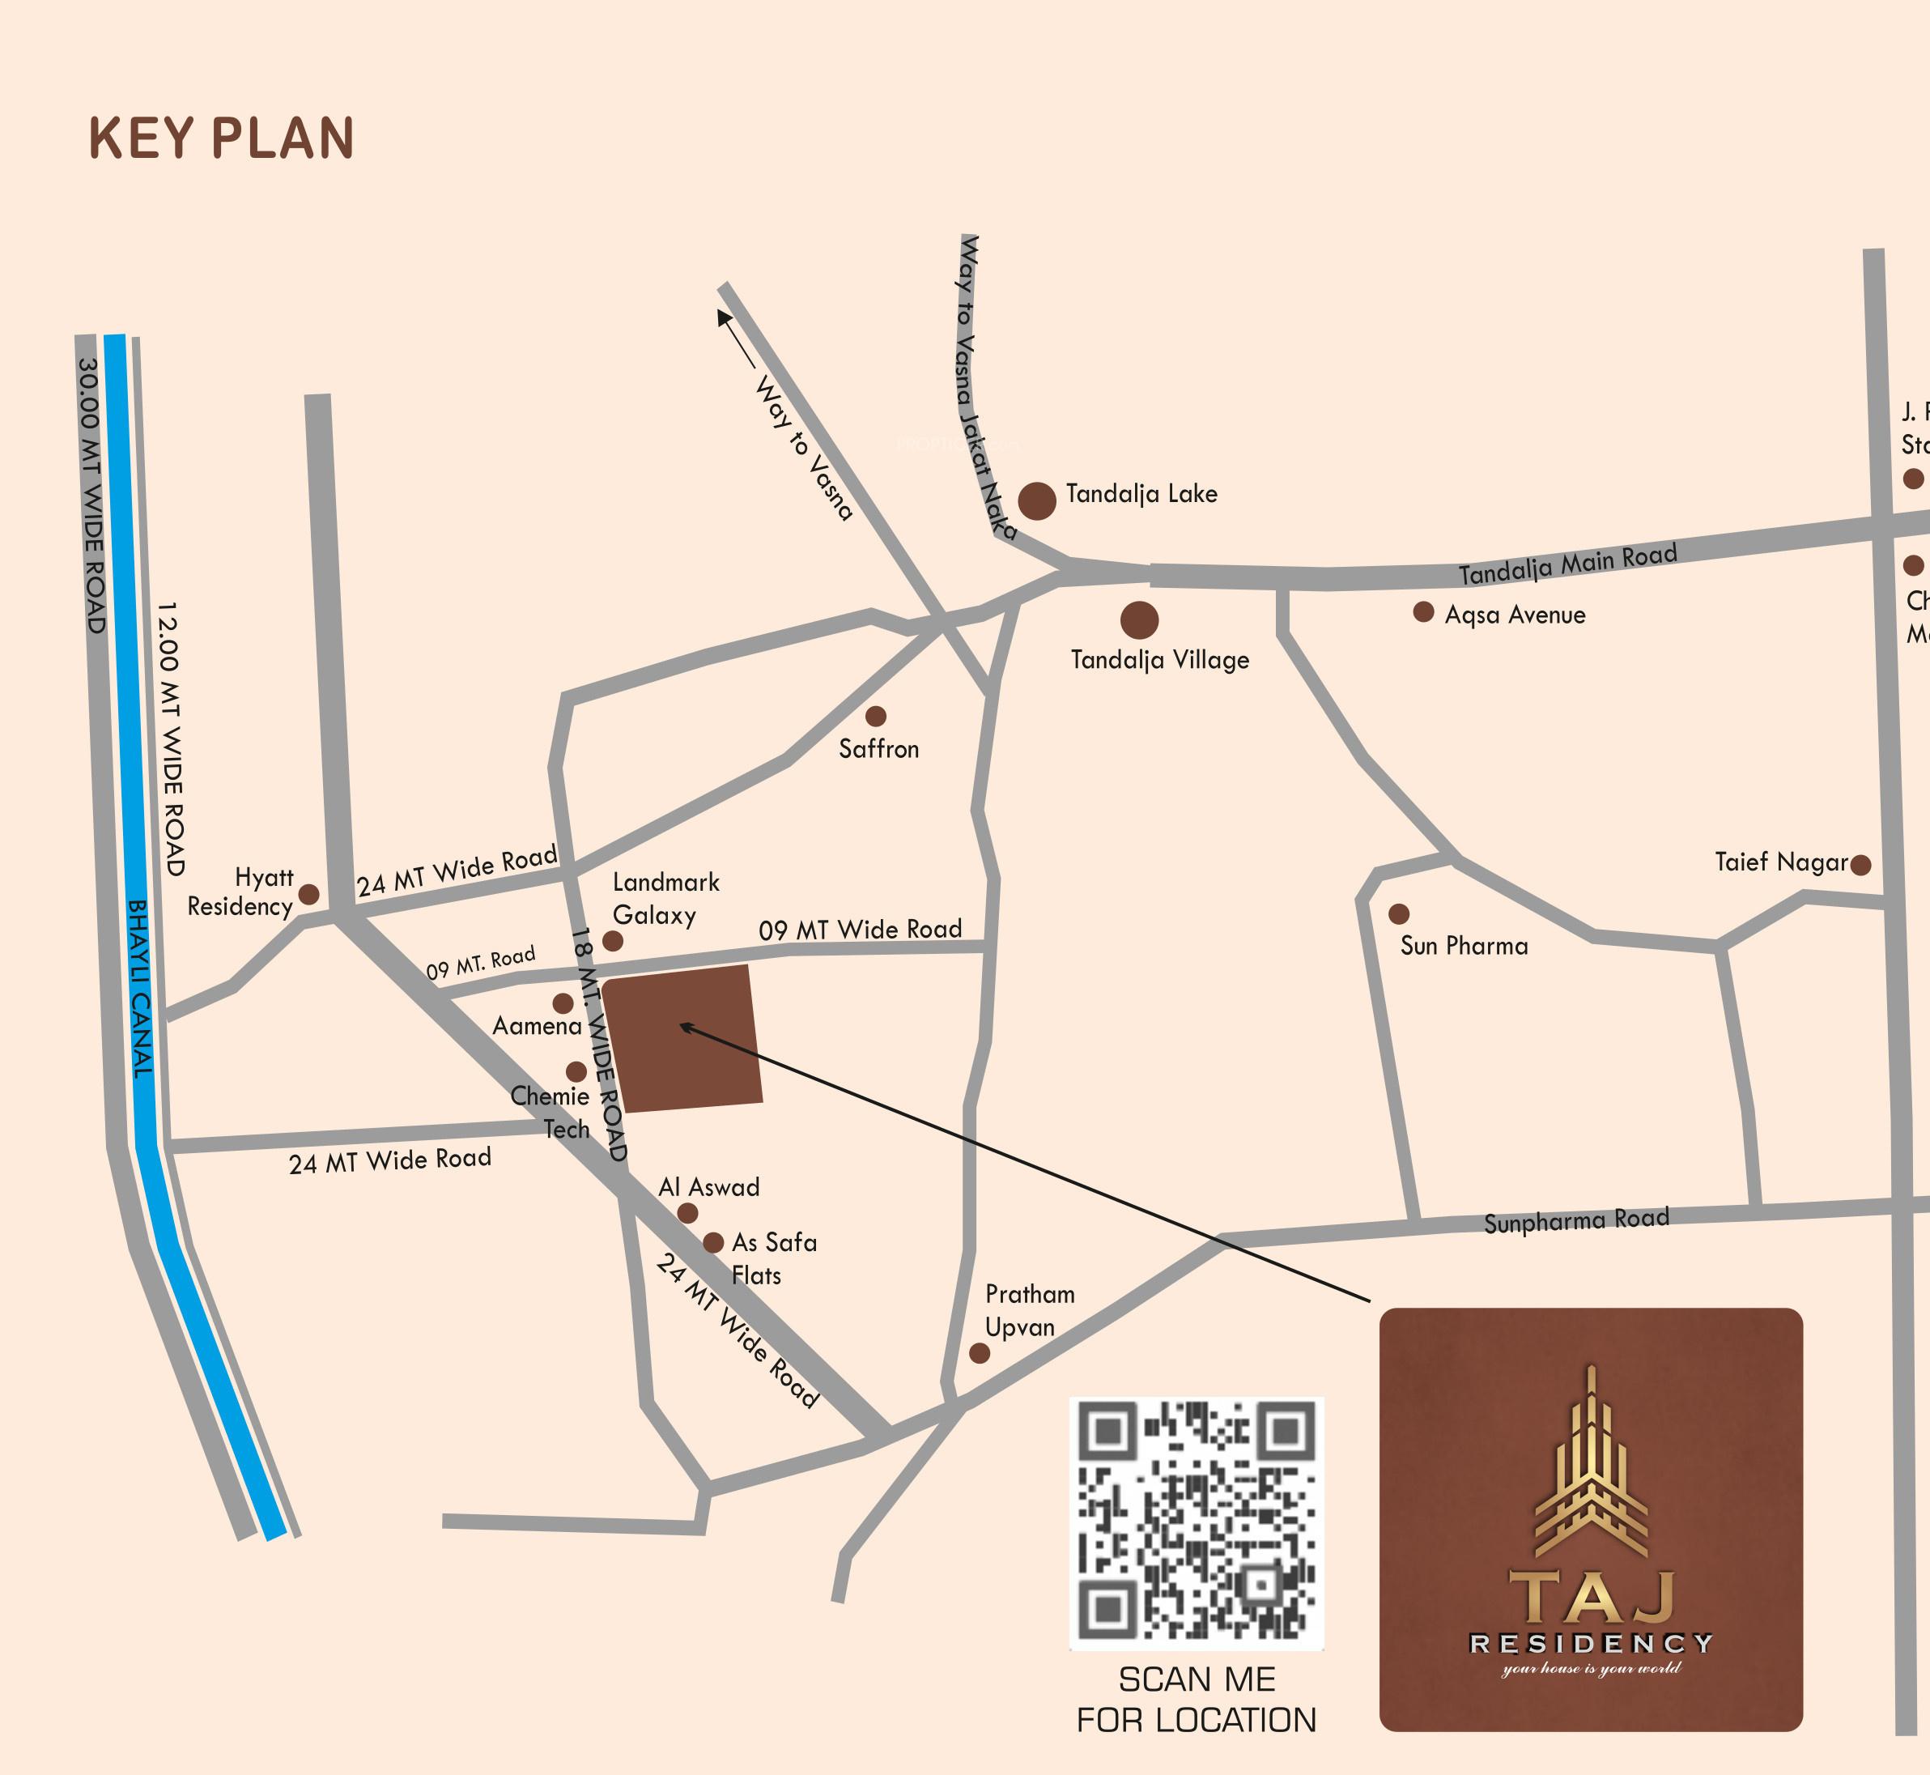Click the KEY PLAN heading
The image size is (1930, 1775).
pyautogui.click(x=222, y=138)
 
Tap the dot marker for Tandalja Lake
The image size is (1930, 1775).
pyautogui.click(x=1037, y=501)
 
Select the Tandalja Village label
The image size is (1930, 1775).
pyautogui.click(x=1160, y=660)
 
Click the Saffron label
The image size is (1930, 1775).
pyautogui.click(x=878, y=749)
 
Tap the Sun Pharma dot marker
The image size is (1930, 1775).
pyautogui.click(x=1399, y=913)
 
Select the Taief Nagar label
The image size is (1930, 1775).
pyautogui.click(x=1781, y=862)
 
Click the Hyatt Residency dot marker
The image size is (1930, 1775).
pyautogui.click(x=308, y=894)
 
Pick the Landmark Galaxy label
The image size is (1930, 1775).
pyautogui.click(x=665, y=898)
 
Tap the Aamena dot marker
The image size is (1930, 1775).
pyautogui.click(x=563, y=1002)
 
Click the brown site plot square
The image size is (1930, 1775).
pyautogui.click(x=683, y=1039)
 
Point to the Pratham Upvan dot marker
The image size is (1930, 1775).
pyautogui.click(x=980, y=1353)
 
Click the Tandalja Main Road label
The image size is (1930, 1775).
pyautogui.click(x=1568, y=564)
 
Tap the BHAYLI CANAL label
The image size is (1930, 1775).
pyautogui.click(x=140, y=989)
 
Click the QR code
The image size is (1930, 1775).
pyautogui.click(x=1197, y=1523)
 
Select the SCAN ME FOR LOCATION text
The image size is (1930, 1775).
pyautogui.click(x=1197, y=1700)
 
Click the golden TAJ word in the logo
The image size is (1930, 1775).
pyautogui.click(x=1591, y=1598)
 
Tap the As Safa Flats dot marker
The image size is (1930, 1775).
pyautogui.click(x=712, y=1243)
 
